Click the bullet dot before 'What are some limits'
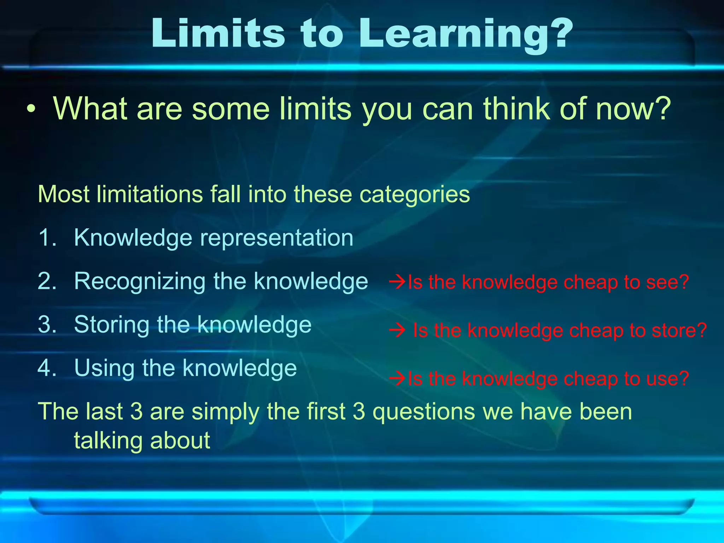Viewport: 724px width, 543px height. (x=31, y=109)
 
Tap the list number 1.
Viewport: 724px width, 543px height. (x=47, y=238)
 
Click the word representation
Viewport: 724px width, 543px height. (x=276, y=238)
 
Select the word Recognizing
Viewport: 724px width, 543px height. (x=140, y=282)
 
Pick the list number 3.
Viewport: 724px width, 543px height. (x=47, y=325)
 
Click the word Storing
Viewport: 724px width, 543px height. (x=111, y=325)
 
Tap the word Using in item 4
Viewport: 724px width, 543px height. (x=104, y=368)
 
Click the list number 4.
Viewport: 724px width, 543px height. (x=47, y=368)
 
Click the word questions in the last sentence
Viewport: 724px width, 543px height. (x=424, y=412)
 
